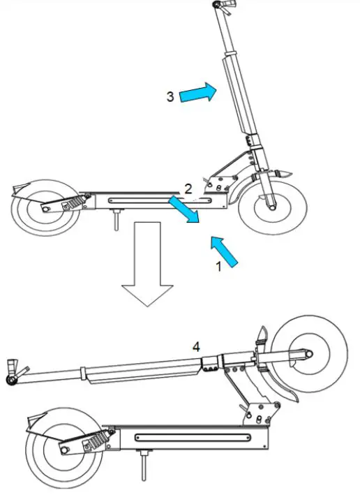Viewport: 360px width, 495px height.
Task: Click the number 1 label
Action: coord(218,266)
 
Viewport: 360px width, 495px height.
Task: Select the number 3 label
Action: coord(170,96)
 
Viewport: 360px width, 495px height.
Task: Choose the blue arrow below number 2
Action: coord(185,209)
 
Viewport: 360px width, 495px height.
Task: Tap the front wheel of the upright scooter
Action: coord(271,205)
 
